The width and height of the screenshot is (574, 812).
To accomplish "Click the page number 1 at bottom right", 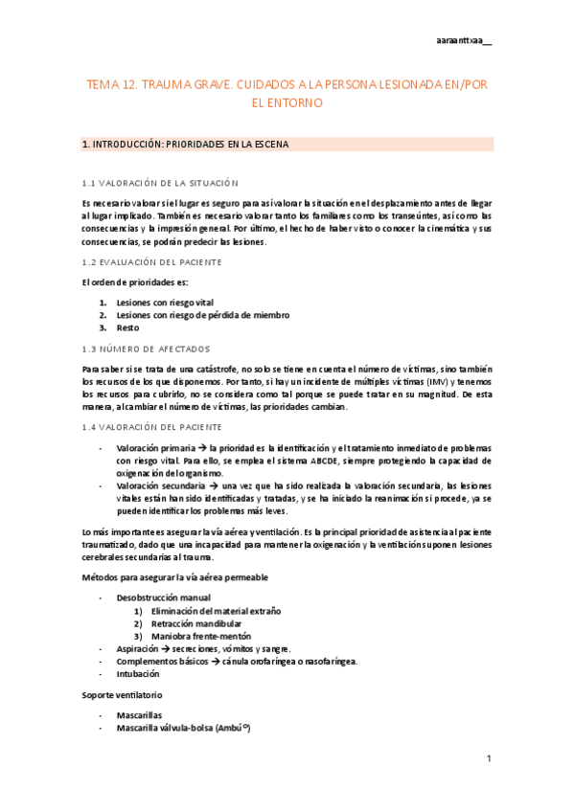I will pyautogui.click(x=488, y=759).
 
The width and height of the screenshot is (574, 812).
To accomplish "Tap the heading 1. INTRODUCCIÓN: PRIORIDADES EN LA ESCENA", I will pyautogui.click(x=186, y=145).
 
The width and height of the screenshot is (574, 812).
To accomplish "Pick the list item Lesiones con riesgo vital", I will pyautogui.click(x=164, y=302).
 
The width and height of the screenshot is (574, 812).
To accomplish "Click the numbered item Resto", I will pyautogui.click(x=127, y=327).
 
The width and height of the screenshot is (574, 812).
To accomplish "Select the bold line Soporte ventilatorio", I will pyautogui.click(x=122, y=693).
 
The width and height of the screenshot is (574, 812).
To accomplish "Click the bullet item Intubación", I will pyautogui.click(x=139, y=673).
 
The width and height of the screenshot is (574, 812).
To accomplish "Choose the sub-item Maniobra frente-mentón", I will pyautogui.click(x=201, y=636).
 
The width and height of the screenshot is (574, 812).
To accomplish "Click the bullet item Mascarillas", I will pyautogui.click(x=140, y=715).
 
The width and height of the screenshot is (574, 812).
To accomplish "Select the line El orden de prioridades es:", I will pyautogui.click(x=135, y=282).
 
